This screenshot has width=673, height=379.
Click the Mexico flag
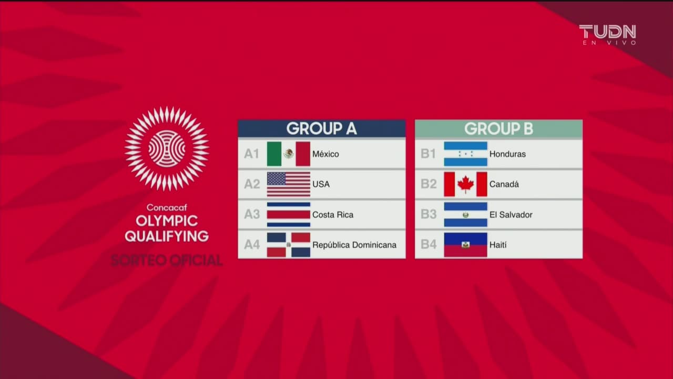tap(288, 154)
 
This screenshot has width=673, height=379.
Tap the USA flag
tap(288, 184)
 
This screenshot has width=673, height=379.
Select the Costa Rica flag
tap(288, 214)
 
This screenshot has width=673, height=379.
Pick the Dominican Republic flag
tap(288, 245)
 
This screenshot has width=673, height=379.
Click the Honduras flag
tap(465, 154)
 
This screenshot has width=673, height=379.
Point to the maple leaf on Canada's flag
tap(465, 184)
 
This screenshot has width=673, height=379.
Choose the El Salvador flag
tap(465, 214)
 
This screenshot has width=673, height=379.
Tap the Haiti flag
tap(465, 245)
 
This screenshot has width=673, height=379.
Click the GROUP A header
tap(321, 128)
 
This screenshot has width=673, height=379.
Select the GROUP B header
tap(498, 128)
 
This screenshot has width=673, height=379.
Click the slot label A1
tap(252, 154)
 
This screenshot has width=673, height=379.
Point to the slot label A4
tap(252, 245)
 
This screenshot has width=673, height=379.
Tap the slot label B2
tap(429, 184)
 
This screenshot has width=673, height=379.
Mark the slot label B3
tap(429, 215)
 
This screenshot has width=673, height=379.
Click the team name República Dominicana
tap(354, 245)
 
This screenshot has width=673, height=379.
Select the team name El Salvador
tap(511, 215)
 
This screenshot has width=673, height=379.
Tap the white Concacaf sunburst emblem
tap(167, 148)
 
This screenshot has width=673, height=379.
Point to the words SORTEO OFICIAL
tap(166, 260)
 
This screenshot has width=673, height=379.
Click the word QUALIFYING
tap(166, 236)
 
